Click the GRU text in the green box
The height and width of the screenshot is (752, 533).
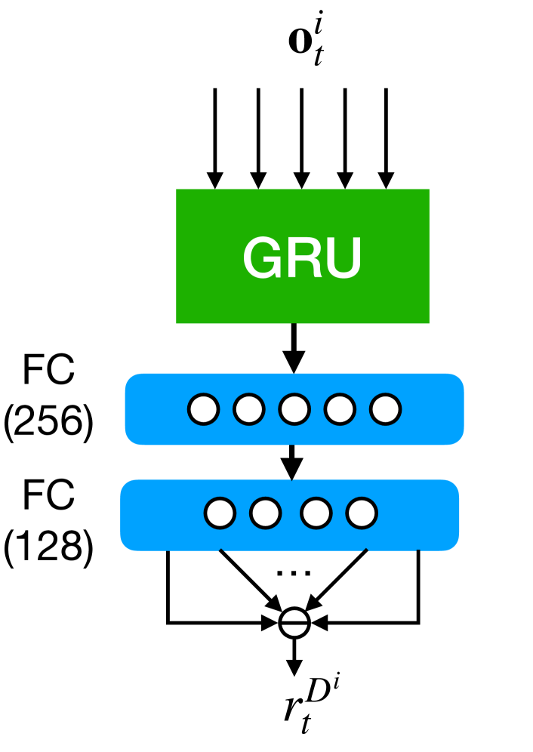(302, 257)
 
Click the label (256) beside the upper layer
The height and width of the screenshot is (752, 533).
(48, 426)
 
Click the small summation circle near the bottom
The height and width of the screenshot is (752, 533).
(294, 622)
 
